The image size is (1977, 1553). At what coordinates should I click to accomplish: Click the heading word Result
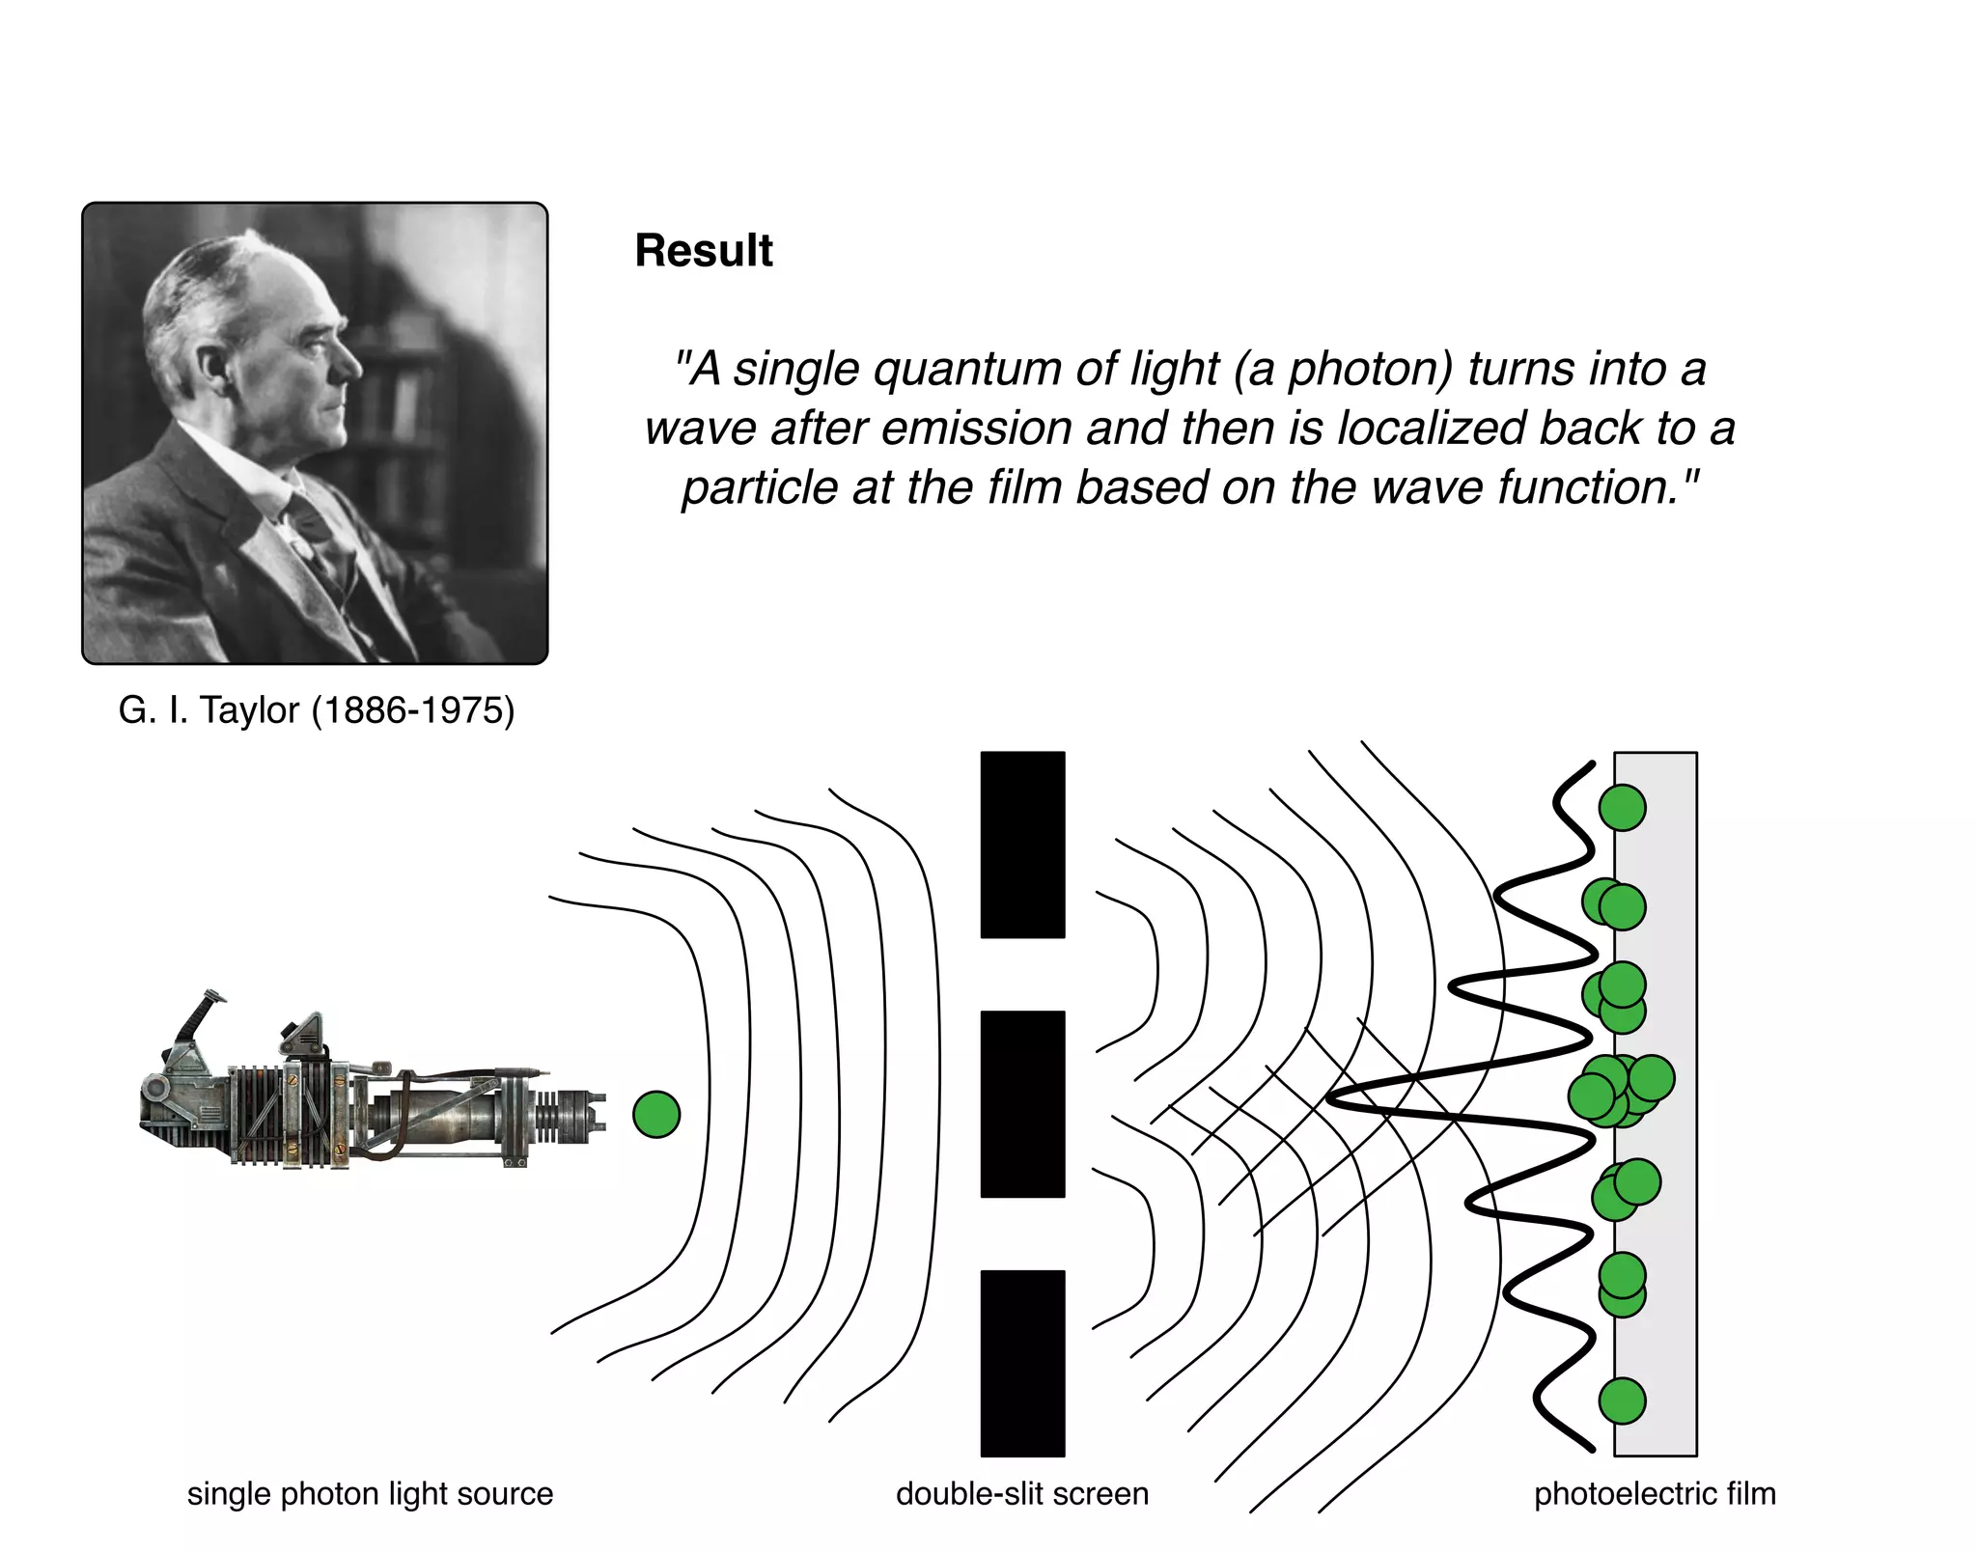[703, 251]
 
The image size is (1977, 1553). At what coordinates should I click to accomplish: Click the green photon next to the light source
[656, 1114]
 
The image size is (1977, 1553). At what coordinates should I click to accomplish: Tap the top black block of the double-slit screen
[1022, 845]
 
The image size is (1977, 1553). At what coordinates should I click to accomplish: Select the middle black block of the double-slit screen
[1022, 1103]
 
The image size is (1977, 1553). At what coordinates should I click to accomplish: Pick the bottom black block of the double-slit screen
[1022, 1363]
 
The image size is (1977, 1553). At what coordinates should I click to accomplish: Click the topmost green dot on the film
[1622, 807]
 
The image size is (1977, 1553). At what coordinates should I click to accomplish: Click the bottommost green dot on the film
[1622, 1400]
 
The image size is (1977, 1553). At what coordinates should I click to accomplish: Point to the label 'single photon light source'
[370, 1493]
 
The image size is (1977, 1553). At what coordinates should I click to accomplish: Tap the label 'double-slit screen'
[1022, 1493]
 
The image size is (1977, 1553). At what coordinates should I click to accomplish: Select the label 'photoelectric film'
[1655, 1493]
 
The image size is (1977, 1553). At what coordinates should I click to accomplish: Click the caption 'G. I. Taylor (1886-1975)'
[317, 710]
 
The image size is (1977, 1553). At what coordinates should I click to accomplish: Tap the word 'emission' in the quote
[977, 429]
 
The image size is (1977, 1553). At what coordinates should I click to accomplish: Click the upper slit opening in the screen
[1022, 974]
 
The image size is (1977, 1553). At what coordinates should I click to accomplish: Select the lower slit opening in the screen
[1022, 1234]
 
